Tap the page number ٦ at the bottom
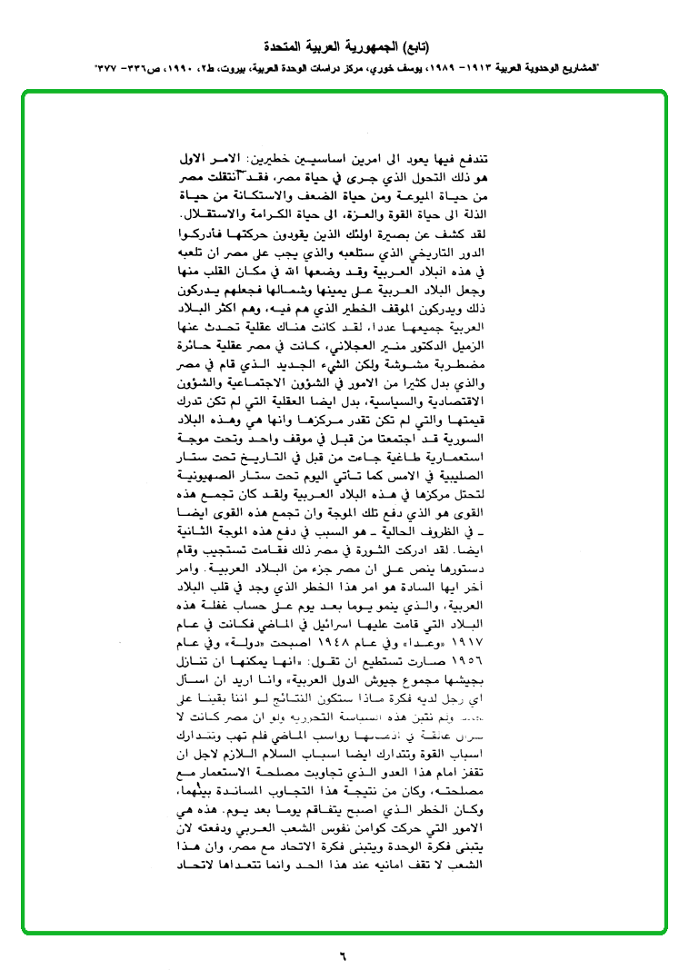pyautogui.click(x=344, y=954)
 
